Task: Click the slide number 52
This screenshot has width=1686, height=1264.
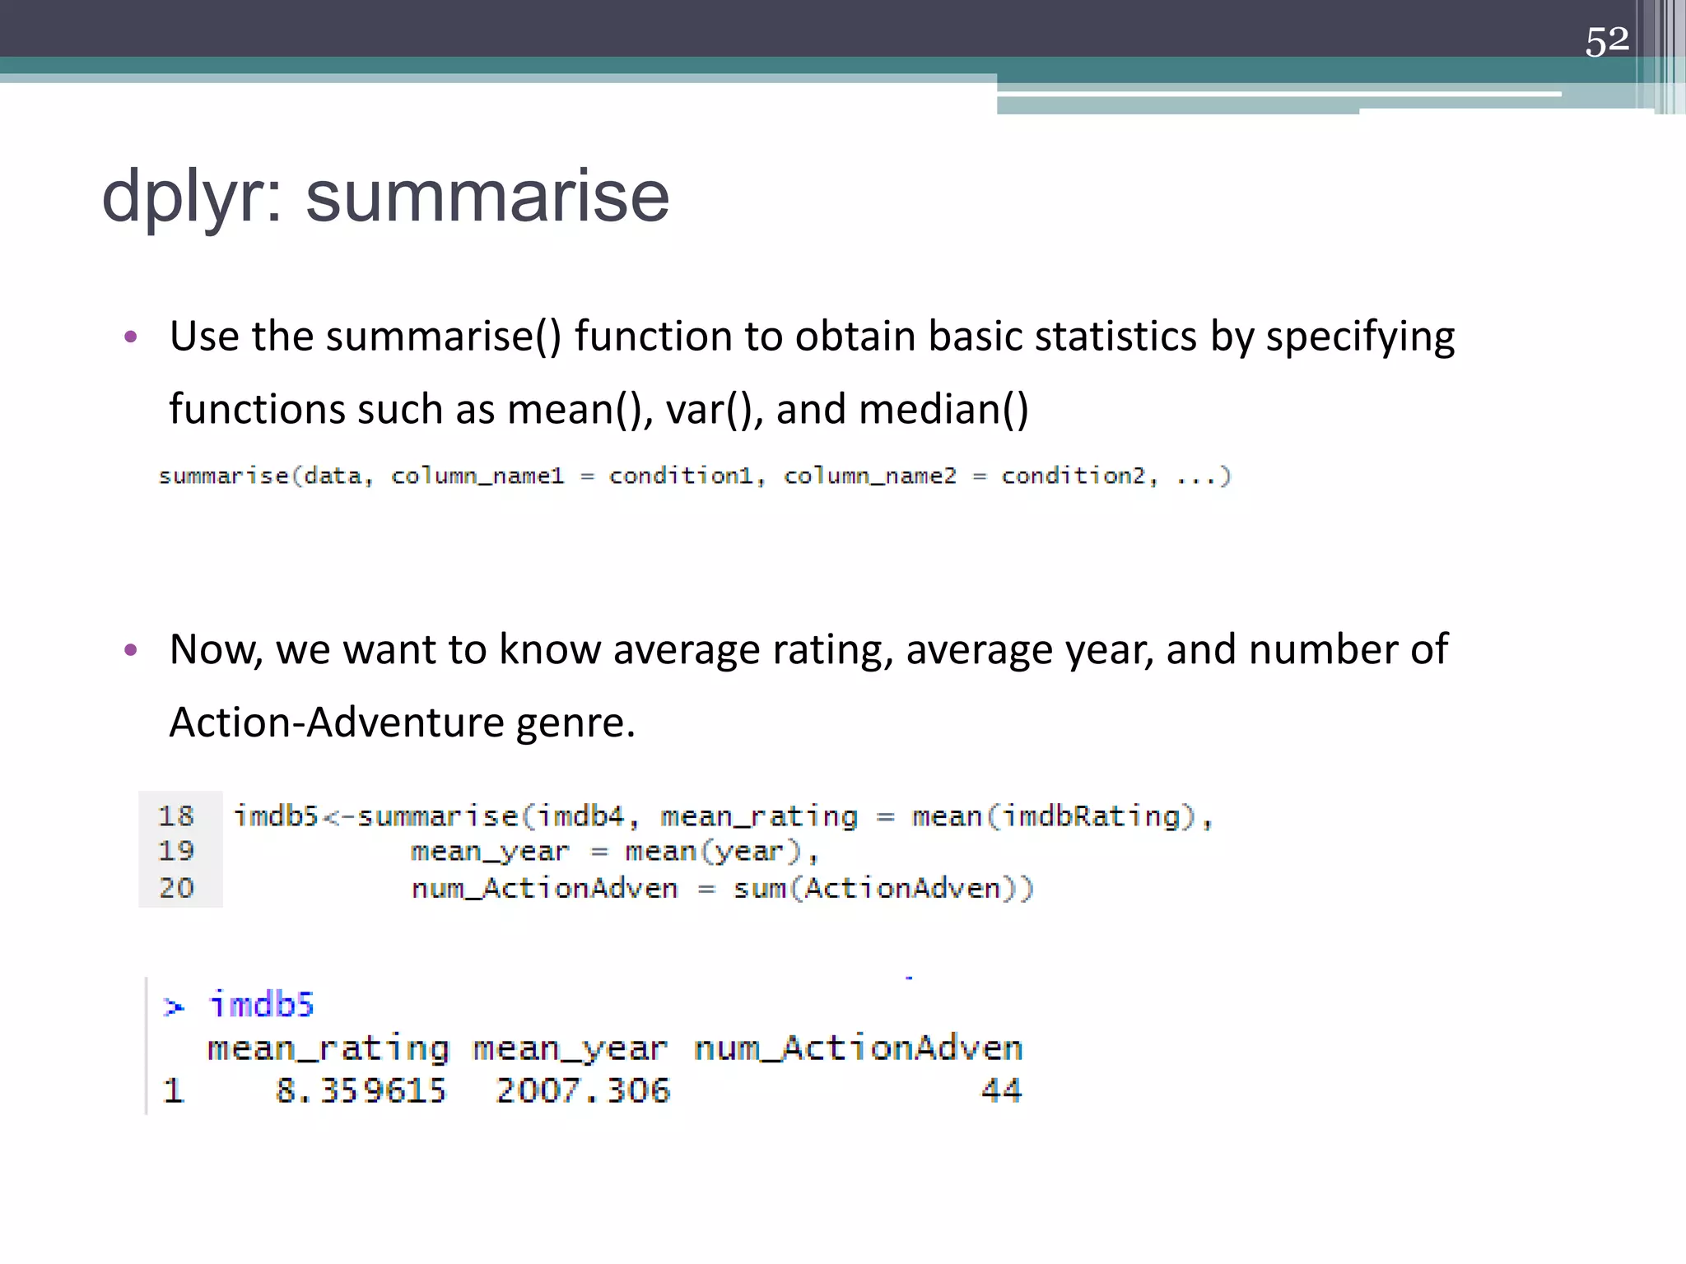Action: point(1606,40)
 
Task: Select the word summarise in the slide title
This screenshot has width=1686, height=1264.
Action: point(487,197)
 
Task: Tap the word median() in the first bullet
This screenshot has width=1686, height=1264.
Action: point(943,410)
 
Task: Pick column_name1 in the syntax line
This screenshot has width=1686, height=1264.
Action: point(477,476)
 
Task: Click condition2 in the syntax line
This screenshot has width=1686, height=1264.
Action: point(1074,476)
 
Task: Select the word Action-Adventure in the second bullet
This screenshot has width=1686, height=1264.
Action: point(337,723)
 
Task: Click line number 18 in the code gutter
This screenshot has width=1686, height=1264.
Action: point(176,816)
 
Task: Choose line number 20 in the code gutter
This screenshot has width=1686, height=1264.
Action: point(176,889)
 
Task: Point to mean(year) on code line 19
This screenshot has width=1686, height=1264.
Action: point(712,852)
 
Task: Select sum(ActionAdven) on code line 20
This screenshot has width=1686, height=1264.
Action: point(883,889)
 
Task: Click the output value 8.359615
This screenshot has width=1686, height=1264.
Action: point(361,1091)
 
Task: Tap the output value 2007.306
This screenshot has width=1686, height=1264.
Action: point(583,1091)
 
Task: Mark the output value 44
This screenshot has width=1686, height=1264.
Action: point(1001,1091)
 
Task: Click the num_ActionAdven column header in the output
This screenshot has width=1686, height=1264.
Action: point(858,1048)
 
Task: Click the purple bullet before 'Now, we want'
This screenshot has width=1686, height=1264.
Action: point(130,651)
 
